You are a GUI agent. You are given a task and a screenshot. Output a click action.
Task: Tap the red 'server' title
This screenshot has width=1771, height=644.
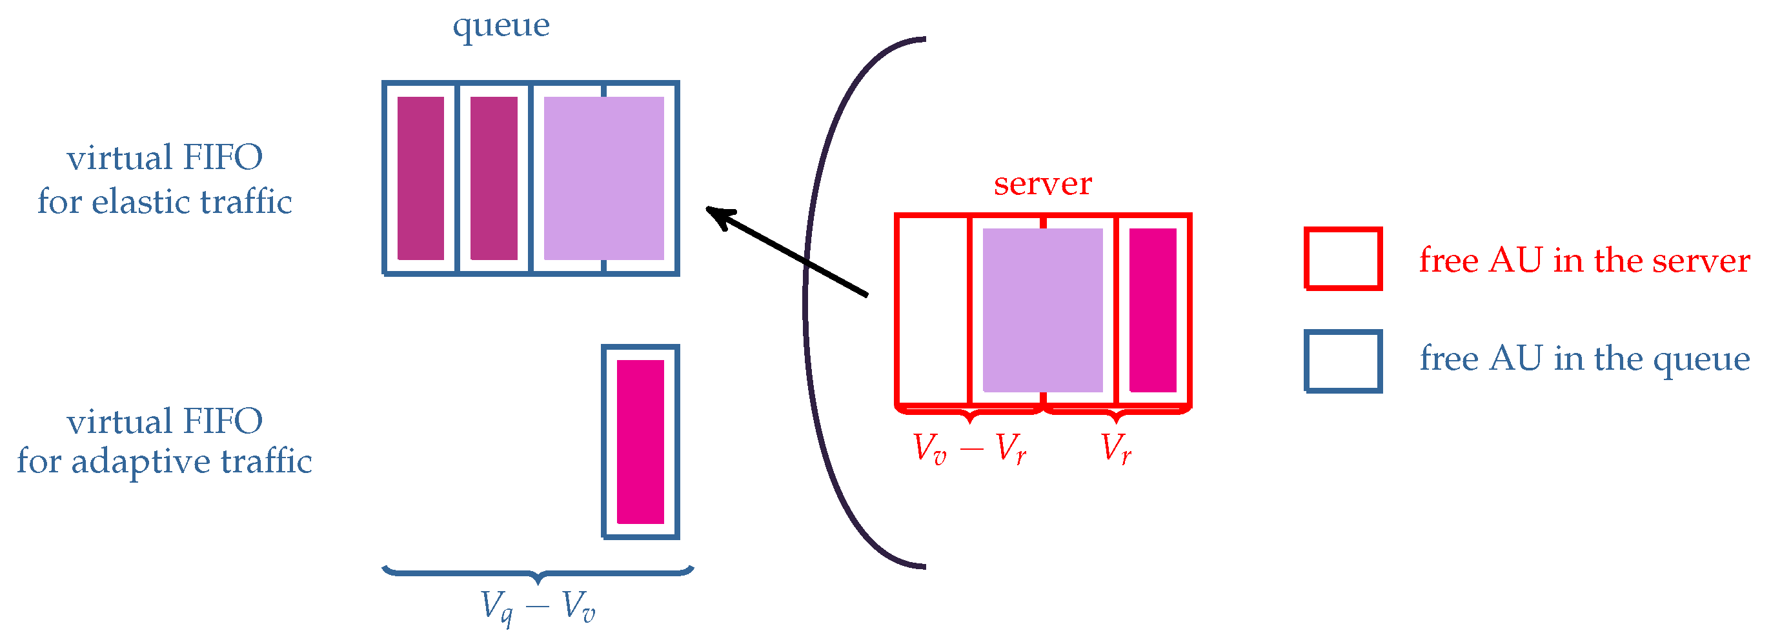[1042, 183]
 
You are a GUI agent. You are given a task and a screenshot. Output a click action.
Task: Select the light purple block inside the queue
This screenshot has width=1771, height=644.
[603, 178]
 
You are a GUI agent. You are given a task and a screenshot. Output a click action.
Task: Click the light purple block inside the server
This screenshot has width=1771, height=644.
[1042, 309]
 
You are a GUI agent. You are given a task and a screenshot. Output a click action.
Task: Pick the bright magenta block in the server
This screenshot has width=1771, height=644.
[1152, 309]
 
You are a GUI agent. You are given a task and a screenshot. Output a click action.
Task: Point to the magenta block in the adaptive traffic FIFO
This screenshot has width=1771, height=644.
[640, 441]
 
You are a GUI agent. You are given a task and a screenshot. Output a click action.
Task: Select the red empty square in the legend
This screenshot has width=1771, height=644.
[1342, 258]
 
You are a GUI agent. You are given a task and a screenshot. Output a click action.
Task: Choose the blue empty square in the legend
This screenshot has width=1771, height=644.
[1342, 361]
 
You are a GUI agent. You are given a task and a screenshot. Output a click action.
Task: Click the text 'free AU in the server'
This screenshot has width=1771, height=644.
[1584, 260]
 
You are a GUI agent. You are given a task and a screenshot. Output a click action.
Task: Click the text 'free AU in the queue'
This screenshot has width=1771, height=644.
[1584, 359]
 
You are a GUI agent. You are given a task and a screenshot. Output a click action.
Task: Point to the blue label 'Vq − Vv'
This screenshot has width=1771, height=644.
[537, 606]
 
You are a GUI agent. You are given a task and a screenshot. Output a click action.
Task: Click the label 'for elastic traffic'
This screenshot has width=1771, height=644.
[165, 202]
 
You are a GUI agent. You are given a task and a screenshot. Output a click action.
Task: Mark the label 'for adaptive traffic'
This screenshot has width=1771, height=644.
[165, 461]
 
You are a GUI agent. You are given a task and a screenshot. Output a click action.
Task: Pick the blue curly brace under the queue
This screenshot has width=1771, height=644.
[538, 572]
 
